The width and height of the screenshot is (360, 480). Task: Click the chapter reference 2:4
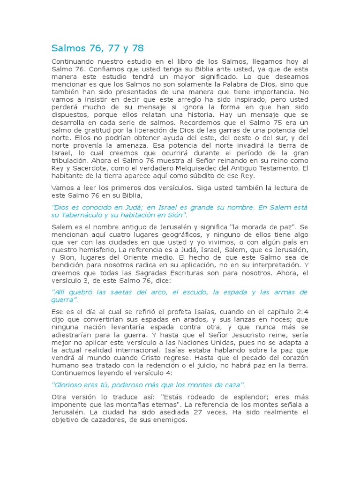pos(300,312)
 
